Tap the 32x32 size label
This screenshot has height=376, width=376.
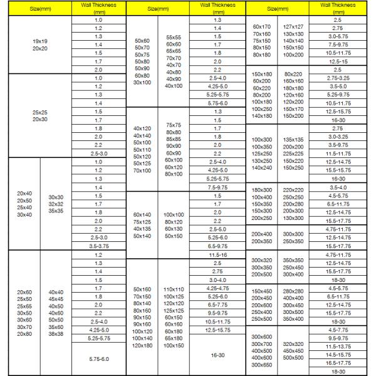point(56,203)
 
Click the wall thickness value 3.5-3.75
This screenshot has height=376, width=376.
point(98,246)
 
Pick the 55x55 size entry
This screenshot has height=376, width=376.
point(174,38)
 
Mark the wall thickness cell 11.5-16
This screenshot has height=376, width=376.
point(217,255)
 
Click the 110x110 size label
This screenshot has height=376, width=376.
point(174,288)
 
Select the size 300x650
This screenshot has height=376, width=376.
point(261,364)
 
